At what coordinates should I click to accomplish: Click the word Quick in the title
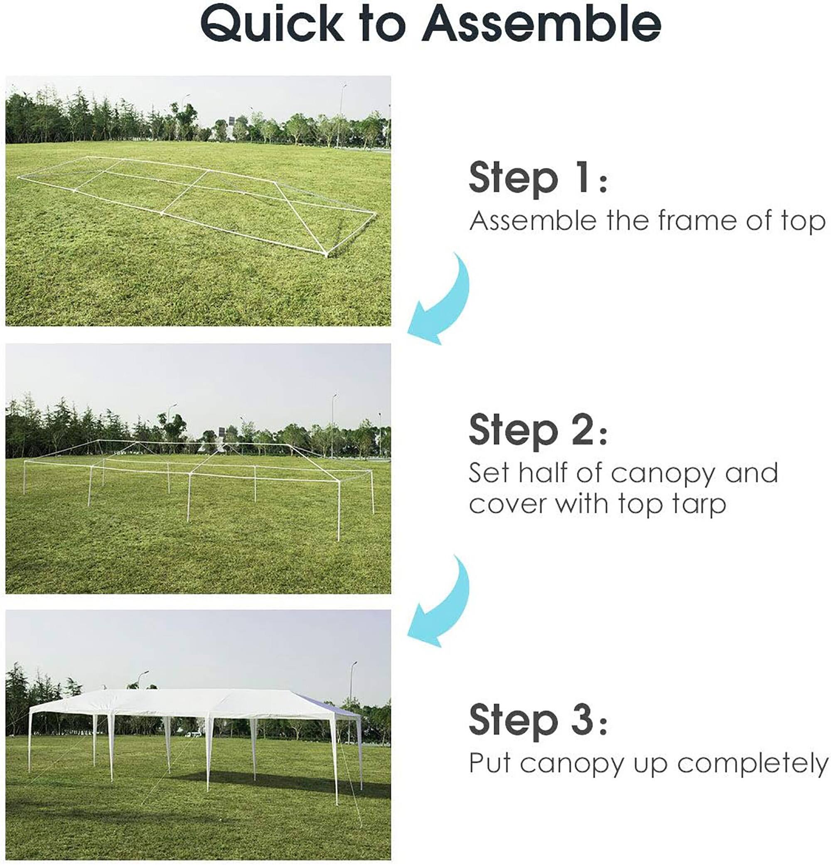click(271, 24)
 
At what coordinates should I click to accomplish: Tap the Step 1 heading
click(538, 178)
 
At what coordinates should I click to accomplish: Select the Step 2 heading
click(538, 431)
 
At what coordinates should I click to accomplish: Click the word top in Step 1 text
click(803, 222)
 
